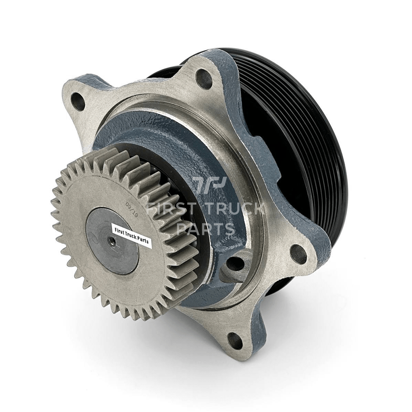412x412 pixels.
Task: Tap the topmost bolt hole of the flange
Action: coord(204,79)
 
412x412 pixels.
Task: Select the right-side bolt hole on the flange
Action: coord(298,254)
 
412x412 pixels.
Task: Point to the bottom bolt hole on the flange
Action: coord(235,341)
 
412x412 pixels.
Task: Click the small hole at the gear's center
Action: coord(111,240)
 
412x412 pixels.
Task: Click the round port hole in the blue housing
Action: coord(236,264)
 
